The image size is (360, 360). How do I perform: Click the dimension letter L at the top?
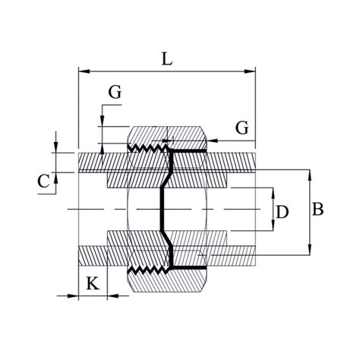[167, 58]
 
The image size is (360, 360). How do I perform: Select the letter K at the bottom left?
[93, 283]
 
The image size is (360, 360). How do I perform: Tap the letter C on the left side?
[43, 182]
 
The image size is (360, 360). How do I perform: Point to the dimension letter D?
[283, 212]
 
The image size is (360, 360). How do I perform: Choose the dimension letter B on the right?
[317, 210]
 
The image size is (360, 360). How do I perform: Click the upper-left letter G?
[115, 92]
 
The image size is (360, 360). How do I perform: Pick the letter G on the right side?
[242, 128]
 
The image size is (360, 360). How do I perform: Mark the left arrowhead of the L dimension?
[84, 71]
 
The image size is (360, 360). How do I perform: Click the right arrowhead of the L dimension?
[250, 71]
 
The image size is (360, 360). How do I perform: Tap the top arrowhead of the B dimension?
[309, 175]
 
